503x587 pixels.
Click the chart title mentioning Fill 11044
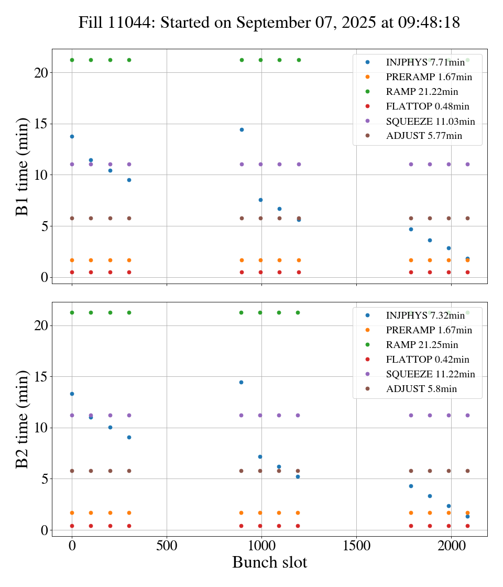coord(269,23)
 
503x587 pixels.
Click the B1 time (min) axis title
coord(23,166)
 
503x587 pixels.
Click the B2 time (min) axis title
coord(23,419)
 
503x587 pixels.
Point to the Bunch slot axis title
coord(269,562)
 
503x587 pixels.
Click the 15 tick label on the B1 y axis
coord(40,124)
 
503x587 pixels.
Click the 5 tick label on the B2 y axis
coord(44,479)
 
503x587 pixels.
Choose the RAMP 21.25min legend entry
coord(422,345)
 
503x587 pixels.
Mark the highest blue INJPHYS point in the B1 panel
coord(242,129)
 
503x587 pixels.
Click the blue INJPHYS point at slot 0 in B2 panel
coord(72,394)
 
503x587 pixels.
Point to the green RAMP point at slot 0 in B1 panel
coord(72,60)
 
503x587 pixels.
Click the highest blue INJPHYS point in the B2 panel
coord(241,382)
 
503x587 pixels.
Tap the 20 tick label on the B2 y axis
coord(40,325)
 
